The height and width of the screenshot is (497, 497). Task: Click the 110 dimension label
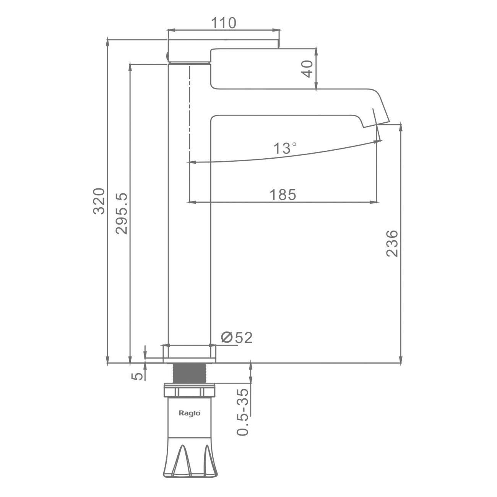coord(223,23)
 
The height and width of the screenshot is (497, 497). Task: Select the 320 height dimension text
coord(99,201)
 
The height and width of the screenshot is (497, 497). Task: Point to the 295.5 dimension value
coord(122,214)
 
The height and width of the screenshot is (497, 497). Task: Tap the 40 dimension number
coord(307,69)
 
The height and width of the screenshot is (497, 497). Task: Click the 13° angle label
coord(285,148)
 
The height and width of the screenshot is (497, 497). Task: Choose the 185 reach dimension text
coord(283,195)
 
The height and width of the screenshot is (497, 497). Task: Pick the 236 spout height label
coord(392,244)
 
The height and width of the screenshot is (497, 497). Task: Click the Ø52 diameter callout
coord(237,338)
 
